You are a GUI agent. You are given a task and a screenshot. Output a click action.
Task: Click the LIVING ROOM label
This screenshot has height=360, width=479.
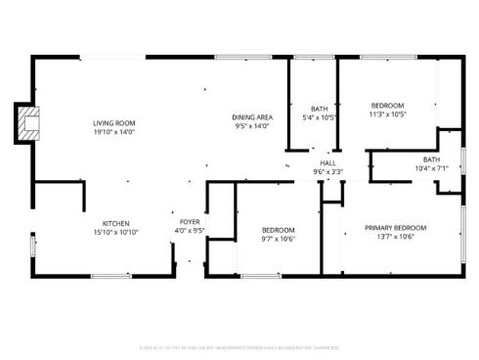tap(113, 123)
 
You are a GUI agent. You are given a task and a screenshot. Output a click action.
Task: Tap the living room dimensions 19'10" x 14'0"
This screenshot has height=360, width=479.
tap(113, 131)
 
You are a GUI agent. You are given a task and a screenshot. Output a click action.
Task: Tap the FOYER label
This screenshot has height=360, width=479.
tap(189, 223)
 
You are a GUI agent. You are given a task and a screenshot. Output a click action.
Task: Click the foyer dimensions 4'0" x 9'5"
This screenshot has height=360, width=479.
tap(189, 232)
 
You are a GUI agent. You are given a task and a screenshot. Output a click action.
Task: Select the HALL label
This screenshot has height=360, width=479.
tap(327, 163)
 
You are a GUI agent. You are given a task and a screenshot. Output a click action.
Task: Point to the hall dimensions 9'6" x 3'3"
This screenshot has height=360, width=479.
tap(327, 171)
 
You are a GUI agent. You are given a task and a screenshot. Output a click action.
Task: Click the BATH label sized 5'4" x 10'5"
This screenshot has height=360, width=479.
tap(320, 109)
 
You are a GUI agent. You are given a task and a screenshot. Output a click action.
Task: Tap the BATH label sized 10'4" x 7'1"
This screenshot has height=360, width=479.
tap(431, 159)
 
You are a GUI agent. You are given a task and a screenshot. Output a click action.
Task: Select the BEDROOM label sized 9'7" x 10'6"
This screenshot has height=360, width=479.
tap(278, 230)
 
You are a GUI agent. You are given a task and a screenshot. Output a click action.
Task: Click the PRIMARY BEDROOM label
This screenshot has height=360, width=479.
tap(396, 228)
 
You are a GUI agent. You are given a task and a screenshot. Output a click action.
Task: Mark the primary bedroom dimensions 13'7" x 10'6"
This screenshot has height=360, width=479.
tap(396, 236)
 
